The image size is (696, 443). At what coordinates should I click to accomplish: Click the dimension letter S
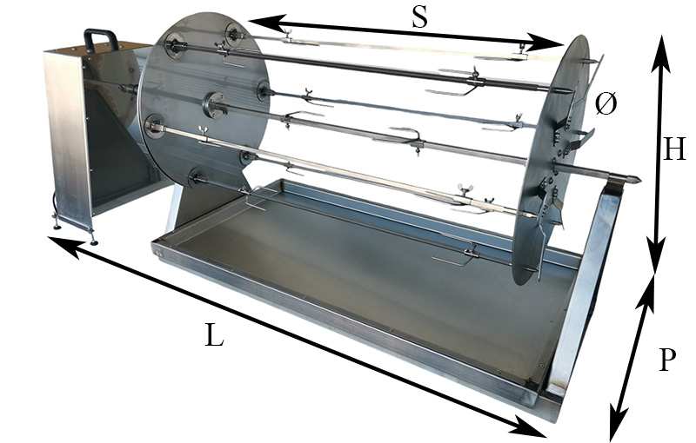point(419,17)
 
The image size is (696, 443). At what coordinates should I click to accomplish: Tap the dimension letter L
point(214,334)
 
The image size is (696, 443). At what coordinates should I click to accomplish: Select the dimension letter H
point(673,149)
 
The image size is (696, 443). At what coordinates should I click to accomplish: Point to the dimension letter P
point(667,360)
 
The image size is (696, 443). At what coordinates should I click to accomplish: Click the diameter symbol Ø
point(606,104)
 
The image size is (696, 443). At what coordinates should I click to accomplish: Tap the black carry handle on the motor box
point(101,39)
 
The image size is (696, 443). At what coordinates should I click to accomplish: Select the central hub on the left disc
point(216,105)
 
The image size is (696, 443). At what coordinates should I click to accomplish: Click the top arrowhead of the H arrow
point(661,52)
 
